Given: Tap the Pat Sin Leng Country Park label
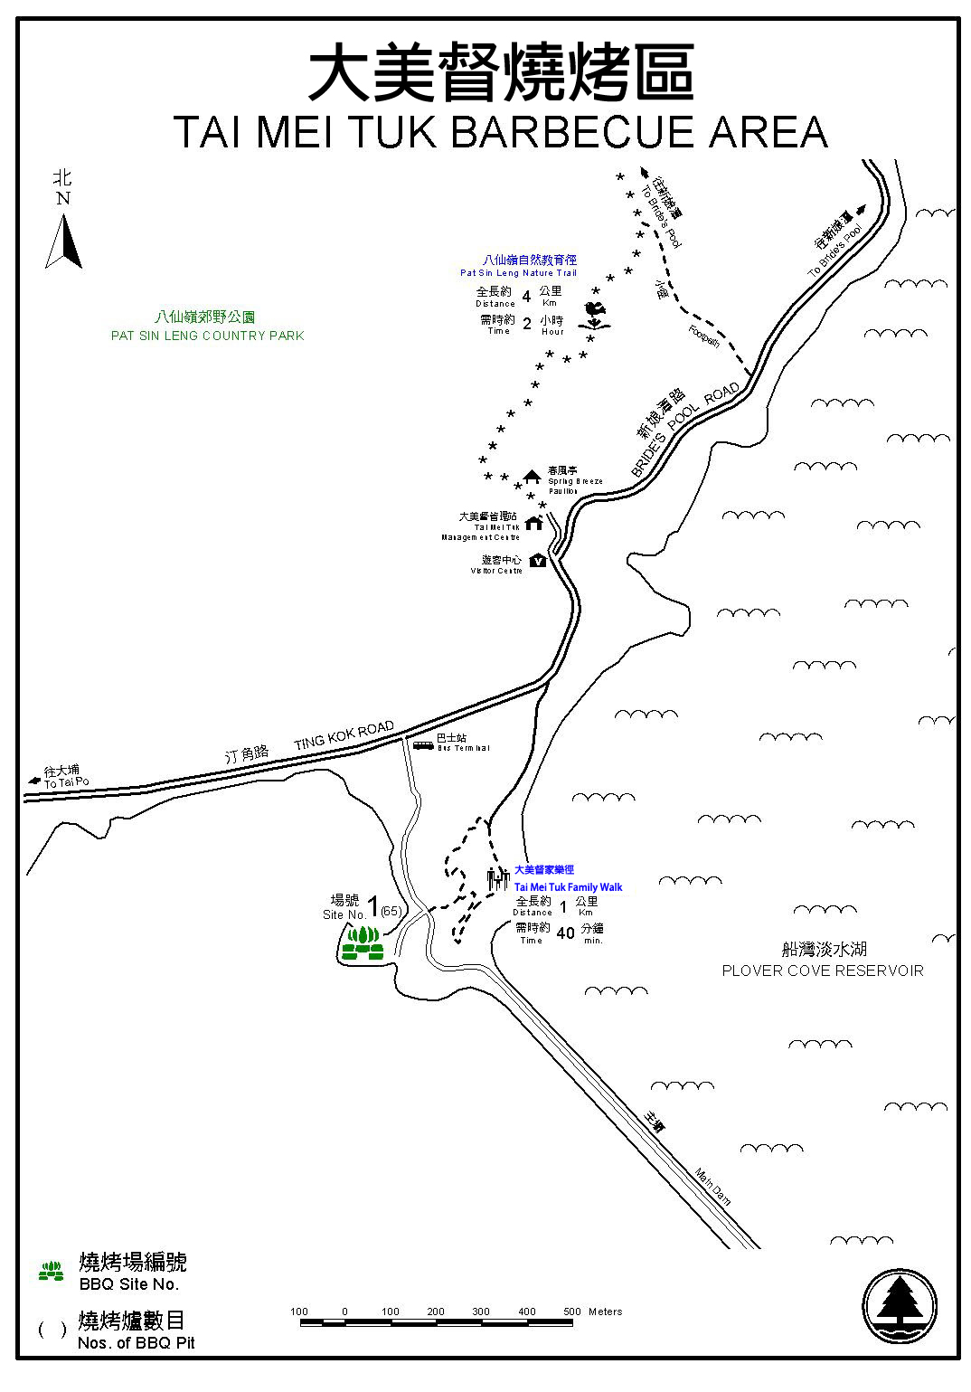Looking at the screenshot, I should [207, 336].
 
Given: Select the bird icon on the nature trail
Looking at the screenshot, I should [595, 315].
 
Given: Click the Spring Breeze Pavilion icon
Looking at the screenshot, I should [532, 477].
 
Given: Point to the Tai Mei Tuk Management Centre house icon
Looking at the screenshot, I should [533, 523].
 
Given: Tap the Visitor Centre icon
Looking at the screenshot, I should [538, 561].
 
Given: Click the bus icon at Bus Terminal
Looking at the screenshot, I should [423, 745].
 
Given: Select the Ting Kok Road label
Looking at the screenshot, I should [344, 735].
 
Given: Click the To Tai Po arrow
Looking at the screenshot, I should [35, 779].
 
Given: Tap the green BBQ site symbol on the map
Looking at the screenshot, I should [363, 942].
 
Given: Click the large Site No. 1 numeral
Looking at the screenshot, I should [372, 907].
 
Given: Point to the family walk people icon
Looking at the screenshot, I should [497, 878].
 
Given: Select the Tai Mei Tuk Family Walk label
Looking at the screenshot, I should [568, 887].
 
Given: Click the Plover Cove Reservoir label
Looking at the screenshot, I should [822, 971].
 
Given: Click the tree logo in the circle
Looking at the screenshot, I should [899, 1307].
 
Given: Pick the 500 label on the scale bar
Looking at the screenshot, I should [571, 1312].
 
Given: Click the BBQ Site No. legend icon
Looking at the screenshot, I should [52, 1271].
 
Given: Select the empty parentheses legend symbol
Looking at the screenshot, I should [52, 1330].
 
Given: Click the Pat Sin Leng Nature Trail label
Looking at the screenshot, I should [517, 272].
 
